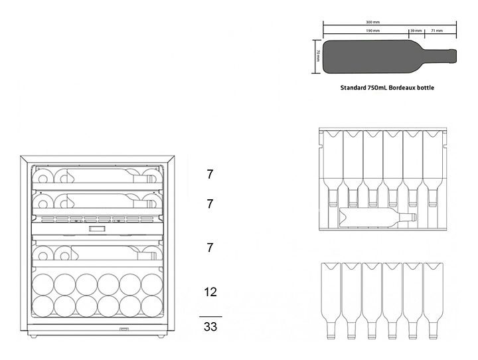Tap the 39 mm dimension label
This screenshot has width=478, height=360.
pyautogui.click(x=416, y=31)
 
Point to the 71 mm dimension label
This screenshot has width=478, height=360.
pyautogui.click(x=437, y=31)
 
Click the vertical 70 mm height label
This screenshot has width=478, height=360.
pyautogui.click(x=318, y=55)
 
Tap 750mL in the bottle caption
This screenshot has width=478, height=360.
pyautogui.click(x=379, y=88)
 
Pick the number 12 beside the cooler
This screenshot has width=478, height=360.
pyautogui.click(x=210, y=292)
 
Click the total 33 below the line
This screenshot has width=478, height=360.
pyautogui.click(x=210, y=327)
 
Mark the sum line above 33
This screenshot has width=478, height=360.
pyautogui.click(x=210, y=316)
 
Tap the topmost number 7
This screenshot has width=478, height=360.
pyautogui.click(x=210, y=175)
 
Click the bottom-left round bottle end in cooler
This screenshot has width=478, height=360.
pyautogui.click(x=43, y=306)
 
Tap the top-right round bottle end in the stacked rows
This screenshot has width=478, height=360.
pyautogui.click(x=152, y=284)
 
